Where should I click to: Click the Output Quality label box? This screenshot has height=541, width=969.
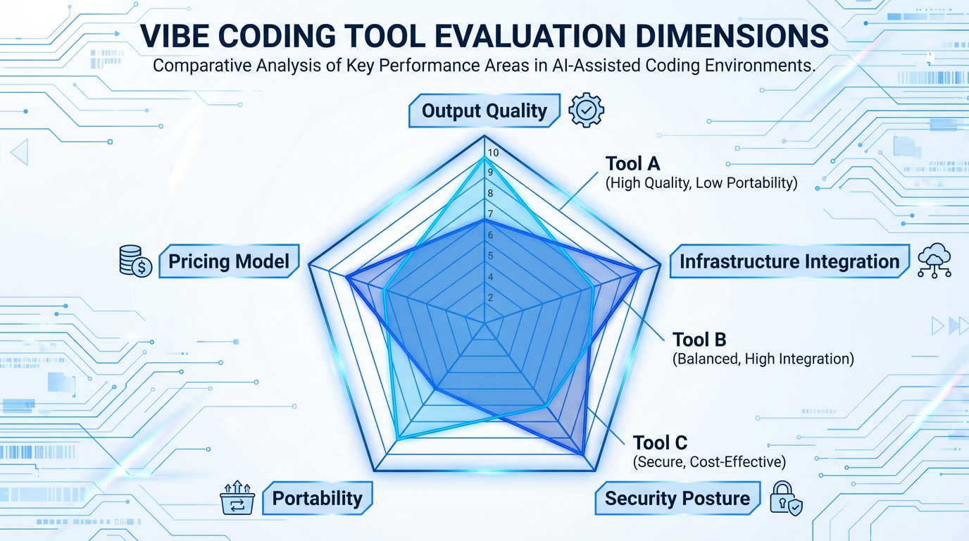point(484,111)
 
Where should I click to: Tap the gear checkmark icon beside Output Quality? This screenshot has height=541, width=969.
point(586,111)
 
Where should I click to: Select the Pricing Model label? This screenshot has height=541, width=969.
point(229,262)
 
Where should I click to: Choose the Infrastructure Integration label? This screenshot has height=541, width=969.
point(789,262)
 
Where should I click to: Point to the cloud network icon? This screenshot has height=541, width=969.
point(934,261)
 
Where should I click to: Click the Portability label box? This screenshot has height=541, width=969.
point(317,499)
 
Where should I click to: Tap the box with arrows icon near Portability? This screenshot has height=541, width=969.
point(237,498)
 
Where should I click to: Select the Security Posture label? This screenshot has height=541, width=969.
point(677,499)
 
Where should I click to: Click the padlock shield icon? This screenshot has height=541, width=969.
point(785,498)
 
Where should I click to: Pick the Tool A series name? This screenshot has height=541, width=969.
point(632,164)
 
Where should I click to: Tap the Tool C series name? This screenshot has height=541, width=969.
point(660,442)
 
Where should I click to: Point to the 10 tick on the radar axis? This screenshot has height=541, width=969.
point(493,154)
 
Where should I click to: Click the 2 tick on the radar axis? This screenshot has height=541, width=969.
point(490,298)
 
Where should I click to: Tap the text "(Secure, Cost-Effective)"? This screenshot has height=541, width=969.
point(709,462)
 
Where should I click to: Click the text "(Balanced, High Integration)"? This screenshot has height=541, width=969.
point(763,359)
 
